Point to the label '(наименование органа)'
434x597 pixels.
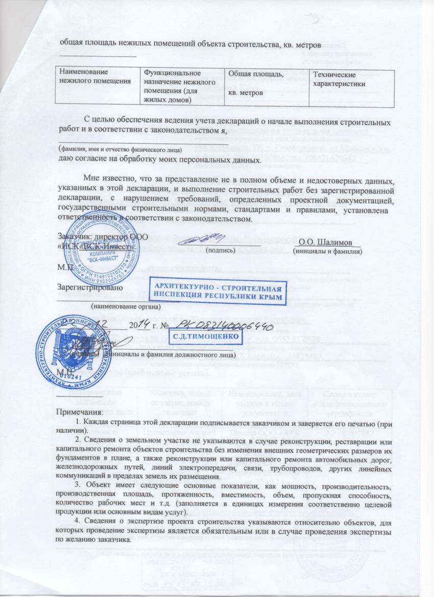[125, 307]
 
